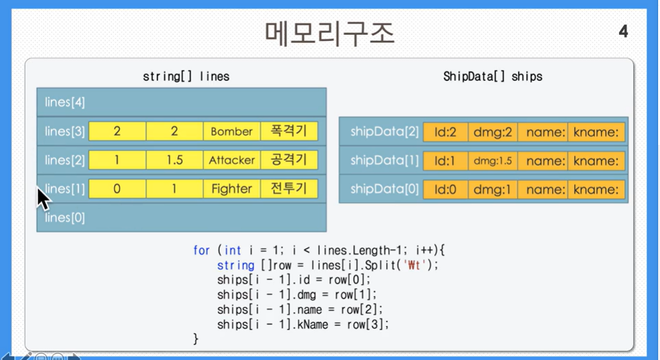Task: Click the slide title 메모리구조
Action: click(329, 34)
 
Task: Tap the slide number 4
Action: click(623, 32)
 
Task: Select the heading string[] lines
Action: click(186, 76)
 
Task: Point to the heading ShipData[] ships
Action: click(493, 76)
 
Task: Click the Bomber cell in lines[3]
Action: click(232, 131)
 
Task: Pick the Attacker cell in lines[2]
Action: click(232, 160)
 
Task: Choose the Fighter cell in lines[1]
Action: click(232, 189)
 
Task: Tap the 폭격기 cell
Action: click(289, 131)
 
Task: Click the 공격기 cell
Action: click(289, 160)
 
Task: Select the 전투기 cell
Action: click(289, 189)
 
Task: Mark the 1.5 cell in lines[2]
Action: click(175, 160)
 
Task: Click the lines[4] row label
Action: click(65, 102)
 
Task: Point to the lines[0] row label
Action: click(65, 218)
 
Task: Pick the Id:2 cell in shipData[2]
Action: click(445, 132)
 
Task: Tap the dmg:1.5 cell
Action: click(493, 161)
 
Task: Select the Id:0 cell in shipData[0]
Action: click(445, 189)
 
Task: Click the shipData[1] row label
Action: click(384, 161)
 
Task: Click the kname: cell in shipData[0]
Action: click(596, 189)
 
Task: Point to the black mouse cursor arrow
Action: click(43, 198)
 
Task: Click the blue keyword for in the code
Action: click(201, 250)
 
